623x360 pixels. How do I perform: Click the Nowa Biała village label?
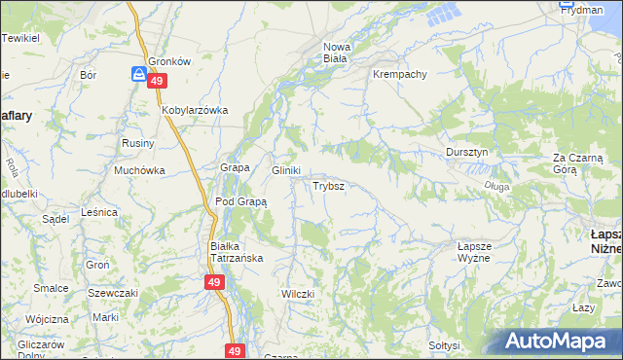coord(336,52)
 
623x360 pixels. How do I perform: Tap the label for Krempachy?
coord(401,74)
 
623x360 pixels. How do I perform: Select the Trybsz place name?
coord(327,185)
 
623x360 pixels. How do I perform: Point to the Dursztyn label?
coord(473,153)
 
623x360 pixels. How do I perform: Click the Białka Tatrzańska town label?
coord(233,252)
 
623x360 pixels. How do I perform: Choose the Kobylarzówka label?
coord(195,110)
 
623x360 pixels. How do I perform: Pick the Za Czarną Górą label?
coord(579,162)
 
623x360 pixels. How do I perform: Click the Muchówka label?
coord(139,170)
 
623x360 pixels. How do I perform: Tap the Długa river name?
coord(496,186)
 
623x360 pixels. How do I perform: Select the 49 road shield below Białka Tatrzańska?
coord(215,282)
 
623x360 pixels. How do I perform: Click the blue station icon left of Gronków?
coord(140,72)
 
